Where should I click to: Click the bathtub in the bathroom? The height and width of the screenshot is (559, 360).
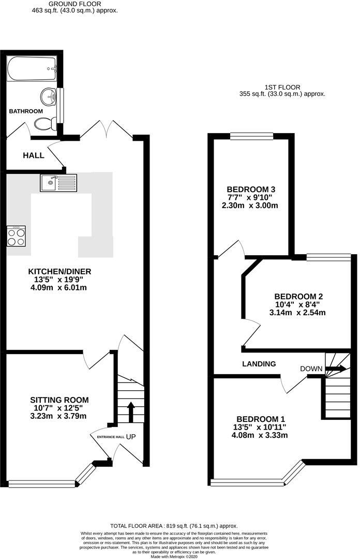tap(32, 68)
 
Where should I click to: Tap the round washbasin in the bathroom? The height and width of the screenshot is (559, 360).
tap(48, 96)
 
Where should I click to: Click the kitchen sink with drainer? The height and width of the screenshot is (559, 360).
tap(58, 183)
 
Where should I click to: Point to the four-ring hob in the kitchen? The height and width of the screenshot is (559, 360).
tap(16, 236)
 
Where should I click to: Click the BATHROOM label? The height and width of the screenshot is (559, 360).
tap(26, 111)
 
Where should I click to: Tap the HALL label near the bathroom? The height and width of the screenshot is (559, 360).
tap(34, 155)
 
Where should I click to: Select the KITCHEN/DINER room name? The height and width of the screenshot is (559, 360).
tap(60, 272)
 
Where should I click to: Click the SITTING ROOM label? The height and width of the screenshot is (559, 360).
tap(59, 400)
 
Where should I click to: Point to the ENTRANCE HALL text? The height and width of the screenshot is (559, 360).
tap(111, 437)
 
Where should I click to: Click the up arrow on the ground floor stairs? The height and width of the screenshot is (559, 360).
tap(130, 413)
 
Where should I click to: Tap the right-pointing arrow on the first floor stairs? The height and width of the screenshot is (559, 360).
tap(336, 369)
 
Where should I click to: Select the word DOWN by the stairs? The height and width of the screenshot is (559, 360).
tap(311, 369)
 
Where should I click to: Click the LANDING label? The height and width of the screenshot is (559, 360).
tap(259, 364)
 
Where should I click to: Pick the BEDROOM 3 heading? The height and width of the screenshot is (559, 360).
tap(251, 189)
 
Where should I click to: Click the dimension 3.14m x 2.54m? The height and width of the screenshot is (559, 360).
tap(297, 313)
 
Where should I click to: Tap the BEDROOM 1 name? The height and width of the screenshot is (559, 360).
tap(261, 419)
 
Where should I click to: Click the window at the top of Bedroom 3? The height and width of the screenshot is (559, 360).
tap(252, 136)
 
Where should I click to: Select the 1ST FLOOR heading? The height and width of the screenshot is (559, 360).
tap(282, 87)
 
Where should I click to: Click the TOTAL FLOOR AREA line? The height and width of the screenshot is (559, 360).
tap(174, 526)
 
